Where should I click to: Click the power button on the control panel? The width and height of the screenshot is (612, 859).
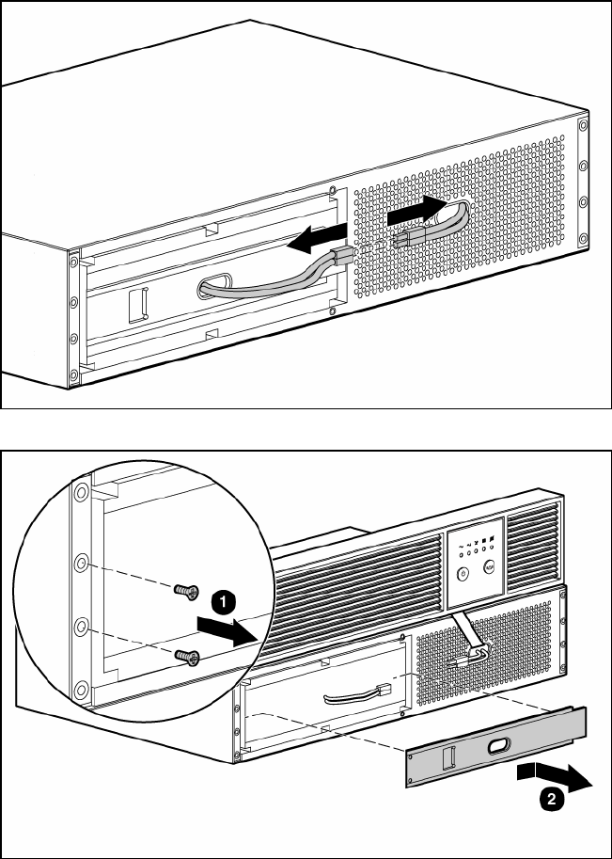462,570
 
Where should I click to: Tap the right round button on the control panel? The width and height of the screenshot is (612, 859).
489,567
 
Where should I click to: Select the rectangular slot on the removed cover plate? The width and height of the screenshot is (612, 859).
450,756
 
